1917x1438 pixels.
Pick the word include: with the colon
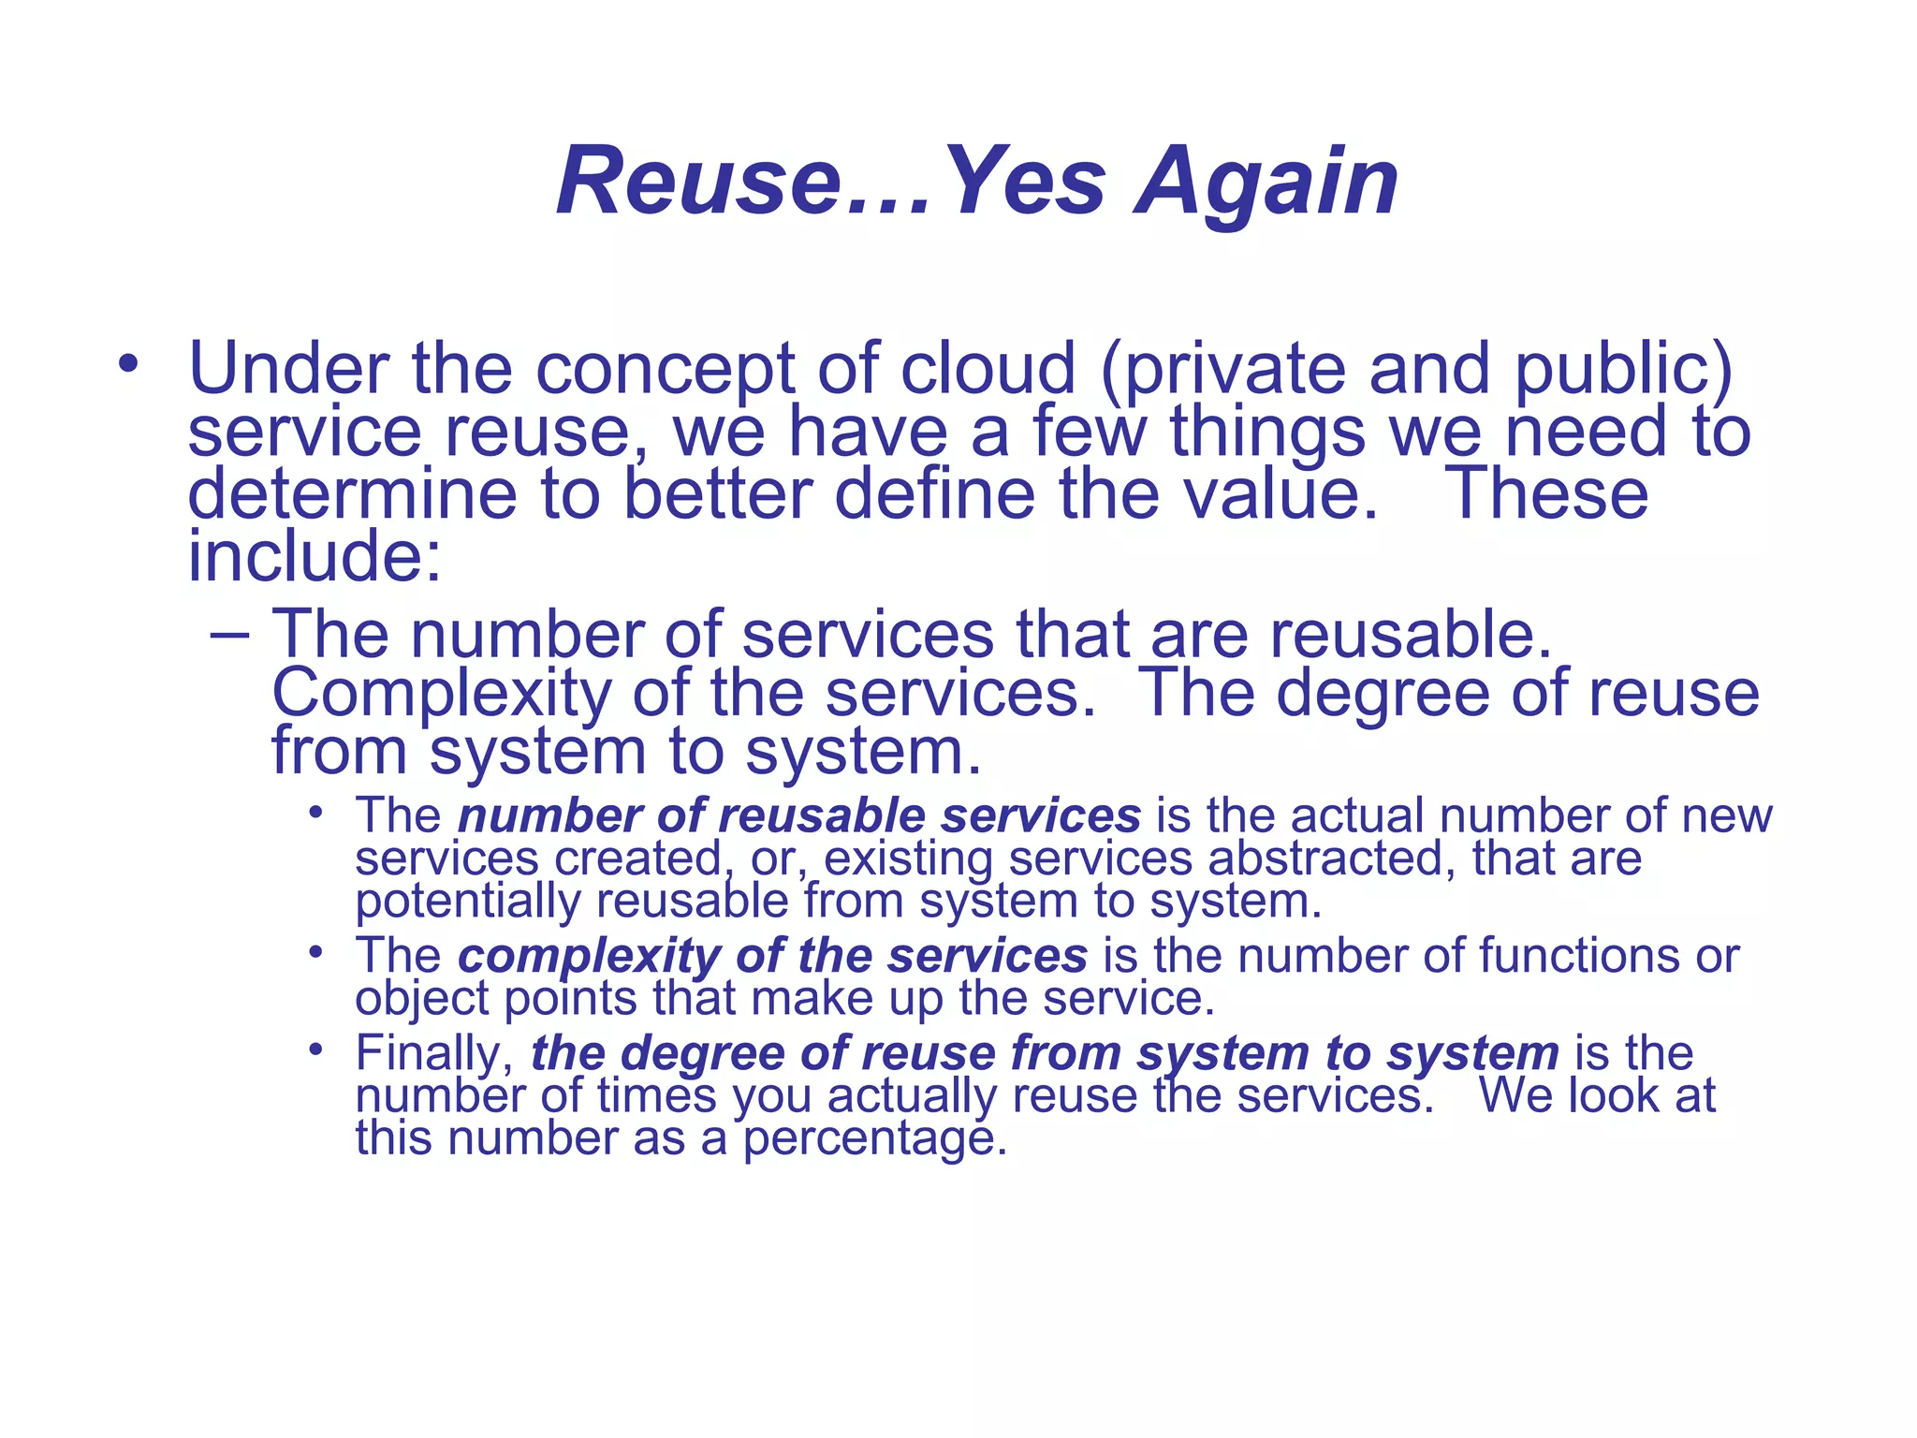tap(315, 556)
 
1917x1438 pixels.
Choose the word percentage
tap(874, 1139)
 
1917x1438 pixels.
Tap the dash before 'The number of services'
tap(230, 636)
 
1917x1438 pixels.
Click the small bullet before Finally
tap(316, 1049)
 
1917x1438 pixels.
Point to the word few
tap(1090, 432)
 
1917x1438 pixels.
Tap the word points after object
tap(571, 999)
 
